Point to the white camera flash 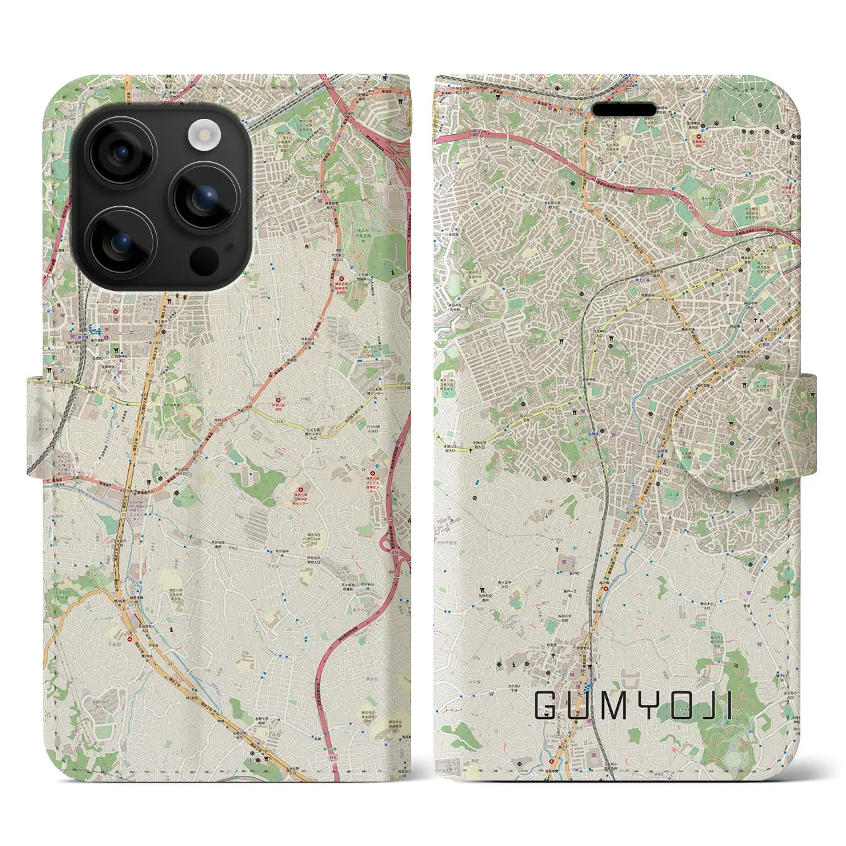[204, 135]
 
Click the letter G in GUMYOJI [547, 706]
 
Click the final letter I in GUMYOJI [728, 706]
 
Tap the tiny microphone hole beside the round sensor [229, 249]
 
